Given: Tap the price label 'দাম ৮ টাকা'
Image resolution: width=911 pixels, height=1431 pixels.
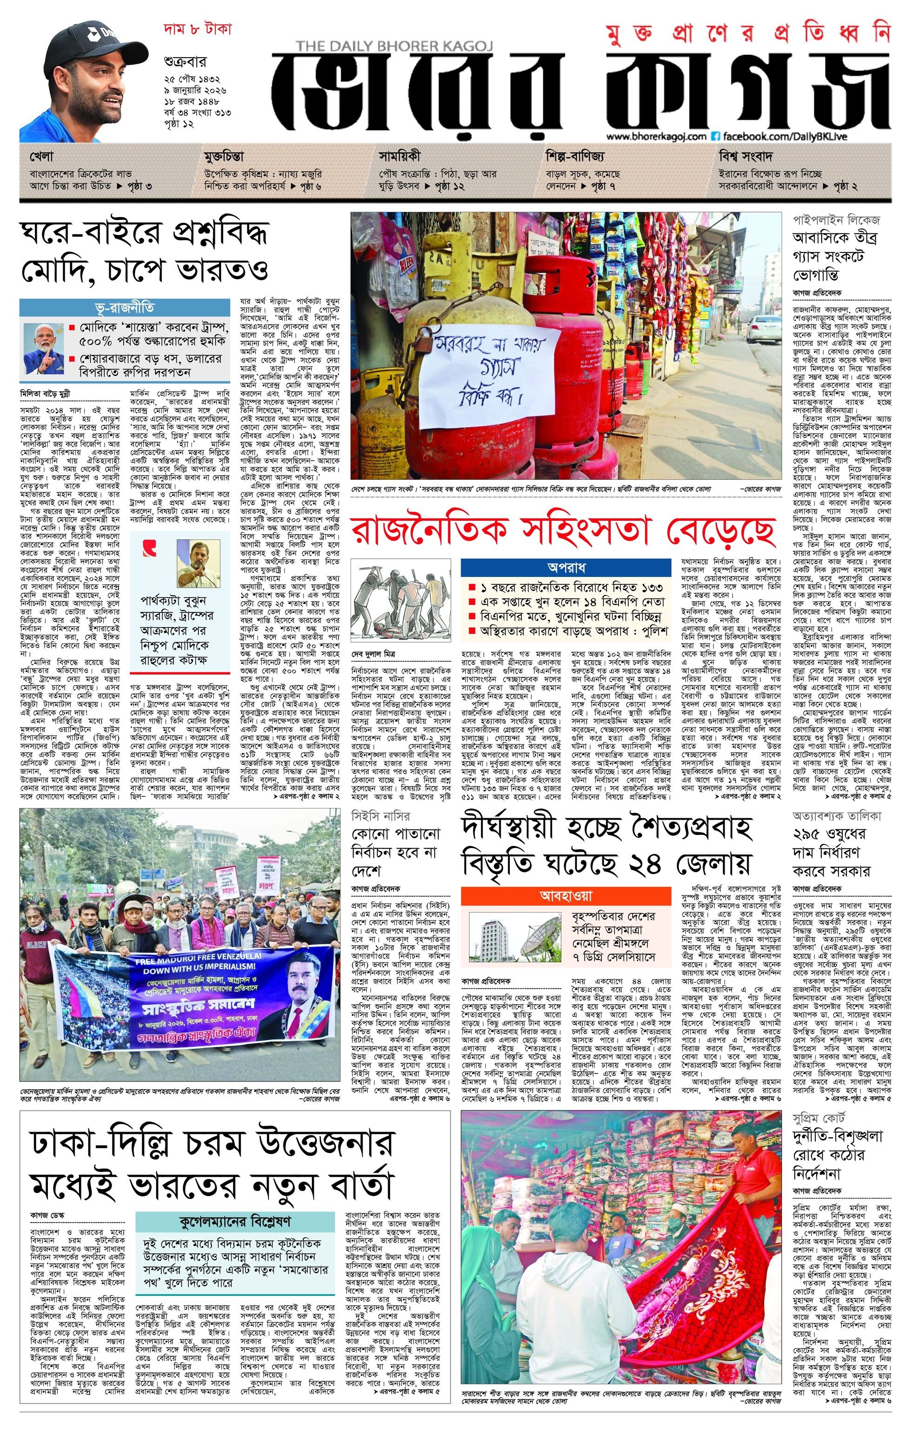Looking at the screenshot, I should coord(197,29).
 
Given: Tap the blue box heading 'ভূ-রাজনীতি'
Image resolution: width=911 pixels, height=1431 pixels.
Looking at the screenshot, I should coord(125,307).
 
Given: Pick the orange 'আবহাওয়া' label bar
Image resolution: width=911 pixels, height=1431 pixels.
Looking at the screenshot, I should coord(565,895).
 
